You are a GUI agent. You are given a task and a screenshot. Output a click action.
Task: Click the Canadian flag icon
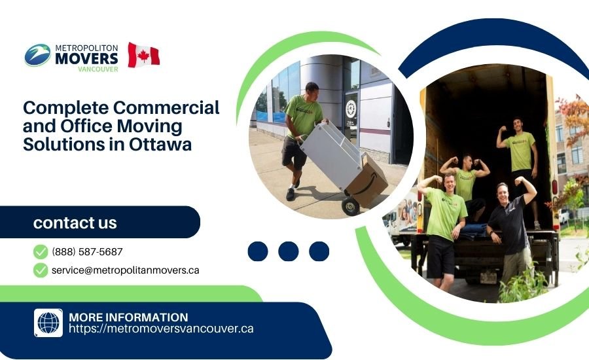tap(143, 55)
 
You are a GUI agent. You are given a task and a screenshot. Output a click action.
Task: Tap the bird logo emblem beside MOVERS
tap(38, 55)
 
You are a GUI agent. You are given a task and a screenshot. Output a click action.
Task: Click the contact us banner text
tap(75, 223)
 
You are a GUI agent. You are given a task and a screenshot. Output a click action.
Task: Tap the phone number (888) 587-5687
tap(87, 251)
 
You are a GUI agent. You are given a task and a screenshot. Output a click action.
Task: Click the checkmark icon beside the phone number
tap(41, 251)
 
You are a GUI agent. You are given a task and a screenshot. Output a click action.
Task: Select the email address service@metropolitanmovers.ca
tap(125, 270)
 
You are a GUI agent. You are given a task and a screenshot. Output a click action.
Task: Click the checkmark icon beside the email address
tap(41, 270)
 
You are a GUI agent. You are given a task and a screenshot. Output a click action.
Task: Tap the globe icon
tap(48, 323)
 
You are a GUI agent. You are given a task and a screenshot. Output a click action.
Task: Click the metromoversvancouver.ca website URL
tap(161, 329)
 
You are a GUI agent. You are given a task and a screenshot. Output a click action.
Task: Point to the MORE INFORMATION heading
tap(128, 317)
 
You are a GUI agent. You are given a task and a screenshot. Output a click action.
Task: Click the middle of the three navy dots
tap(289, 251)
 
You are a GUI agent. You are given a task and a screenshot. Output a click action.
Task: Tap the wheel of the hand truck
tap(351, 206)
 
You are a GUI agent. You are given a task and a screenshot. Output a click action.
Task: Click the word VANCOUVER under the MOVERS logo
tap(98, 69)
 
